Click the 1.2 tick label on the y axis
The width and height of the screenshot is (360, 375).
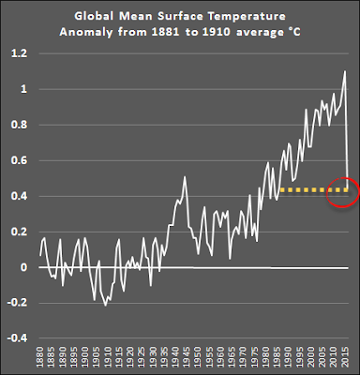pos(19,53)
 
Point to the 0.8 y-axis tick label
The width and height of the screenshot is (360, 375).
pos(19,125)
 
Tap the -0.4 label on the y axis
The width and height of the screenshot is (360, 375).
pos(18,338)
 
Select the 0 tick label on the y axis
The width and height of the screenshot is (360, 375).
pos(23,267)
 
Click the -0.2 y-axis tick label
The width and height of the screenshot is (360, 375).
pos(18,303)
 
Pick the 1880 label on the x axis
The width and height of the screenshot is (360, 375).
pos(39,356)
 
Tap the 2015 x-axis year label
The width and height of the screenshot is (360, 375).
pos(345,356)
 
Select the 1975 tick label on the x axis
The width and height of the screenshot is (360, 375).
pos(254,356)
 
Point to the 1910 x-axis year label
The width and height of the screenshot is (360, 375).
pos(108,356)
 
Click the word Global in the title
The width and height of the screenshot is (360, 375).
pos(94,16)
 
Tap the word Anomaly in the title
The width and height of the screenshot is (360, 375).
pos(86,33)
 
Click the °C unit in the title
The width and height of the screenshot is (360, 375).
pos(294,32)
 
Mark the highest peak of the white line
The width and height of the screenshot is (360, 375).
pos(345,71)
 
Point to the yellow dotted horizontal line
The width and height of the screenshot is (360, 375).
pos(314,189)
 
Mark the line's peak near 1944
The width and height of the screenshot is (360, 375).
pos(185,177)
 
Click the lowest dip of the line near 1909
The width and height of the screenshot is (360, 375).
pos(106,305)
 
